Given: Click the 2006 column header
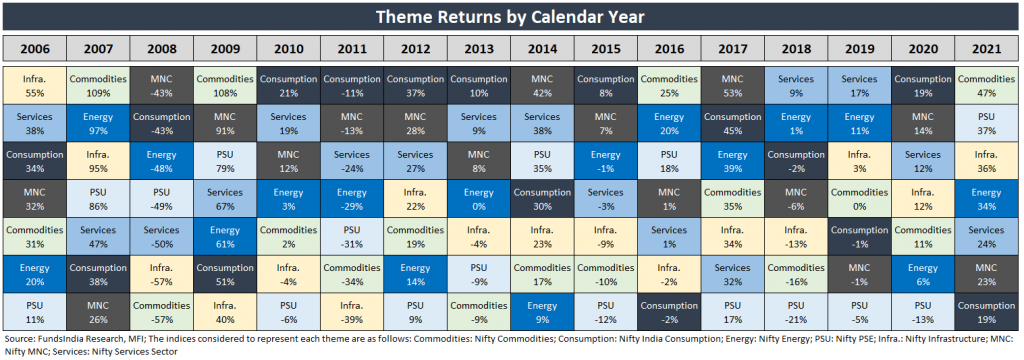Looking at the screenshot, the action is tap(35, 48).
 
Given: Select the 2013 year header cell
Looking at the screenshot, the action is tap(479, 48).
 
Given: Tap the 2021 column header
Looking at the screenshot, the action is tap(987, 48).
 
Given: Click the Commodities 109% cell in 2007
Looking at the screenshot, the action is tap(98, 85).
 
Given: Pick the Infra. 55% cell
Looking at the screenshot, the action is tap(35, 85).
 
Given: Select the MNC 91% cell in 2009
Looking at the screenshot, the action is tap(225, 123).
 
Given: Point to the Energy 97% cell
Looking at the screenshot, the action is tap(98, 123).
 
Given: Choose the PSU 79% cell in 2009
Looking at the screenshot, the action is tap(225, 161).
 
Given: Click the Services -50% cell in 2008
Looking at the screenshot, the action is tap(161, 237).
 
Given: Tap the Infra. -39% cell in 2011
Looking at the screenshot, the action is tap(352, 312).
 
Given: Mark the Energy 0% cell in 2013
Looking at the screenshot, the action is tap(479, 199).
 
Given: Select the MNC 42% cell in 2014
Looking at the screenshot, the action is tap(542, 85).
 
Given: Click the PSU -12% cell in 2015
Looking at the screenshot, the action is tap(605, 312).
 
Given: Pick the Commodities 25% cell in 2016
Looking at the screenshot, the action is tap(669, 85).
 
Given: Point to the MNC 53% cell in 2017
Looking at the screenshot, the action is tap(732, 85).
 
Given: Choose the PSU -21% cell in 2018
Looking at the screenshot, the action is tap(795, 312).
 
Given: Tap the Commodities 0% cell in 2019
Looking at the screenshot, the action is tap(859, 199).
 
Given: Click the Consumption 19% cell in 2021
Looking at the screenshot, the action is tap(987, 312).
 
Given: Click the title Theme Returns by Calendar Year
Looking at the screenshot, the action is tap(510, 17).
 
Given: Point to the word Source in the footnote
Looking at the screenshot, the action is tap(19, 340).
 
